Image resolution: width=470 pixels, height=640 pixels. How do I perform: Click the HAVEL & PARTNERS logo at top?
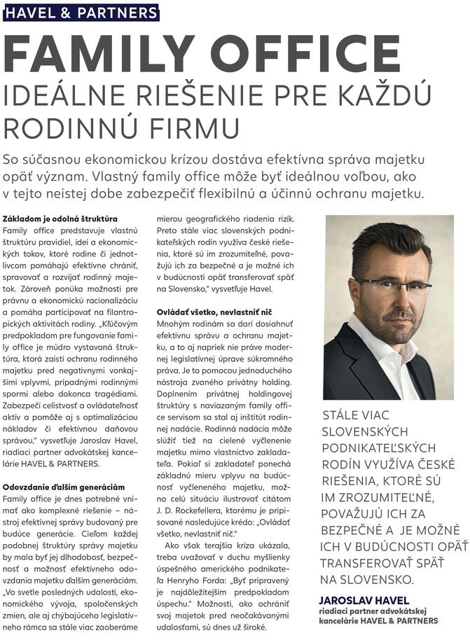tap(81, 13)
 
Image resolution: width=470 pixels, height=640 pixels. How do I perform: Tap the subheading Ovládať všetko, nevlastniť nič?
tap(214, 312)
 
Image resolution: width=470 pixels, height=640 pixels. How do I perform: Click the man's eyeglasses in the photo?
tap(393, 286)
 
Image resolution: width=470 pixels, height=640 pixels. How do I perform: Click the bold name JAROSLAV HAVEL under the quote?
tap(364, 600)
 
